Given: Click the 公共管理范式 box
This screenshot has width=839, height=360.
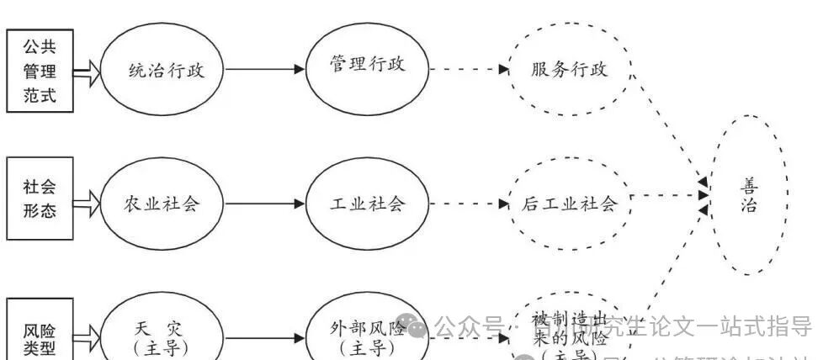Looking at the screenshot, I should click(x=39, y=70).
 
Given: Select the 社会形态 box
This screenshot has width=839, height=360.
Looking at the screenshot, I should click(x=40, y=199).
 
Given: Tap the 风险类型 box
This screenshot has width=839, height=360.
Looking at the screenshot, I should click(x=40, y=333).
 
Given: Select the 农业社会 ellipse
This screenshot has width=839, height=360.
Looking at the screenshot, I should click(x=162, y=203).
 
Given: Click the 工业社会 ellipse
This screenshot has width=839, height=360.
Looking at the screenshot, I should click(x=367, y=203).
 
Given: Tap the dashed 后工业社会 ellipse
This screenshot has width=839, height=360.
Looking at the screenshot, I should click(x=569, y=203).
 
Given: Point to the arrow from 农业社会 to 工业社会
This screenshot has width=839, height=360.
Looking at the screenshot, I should click(x=263, y=204).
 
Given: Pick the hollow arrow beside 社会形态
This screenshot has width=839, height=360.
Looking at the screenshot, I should click(x=86, y=202).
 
